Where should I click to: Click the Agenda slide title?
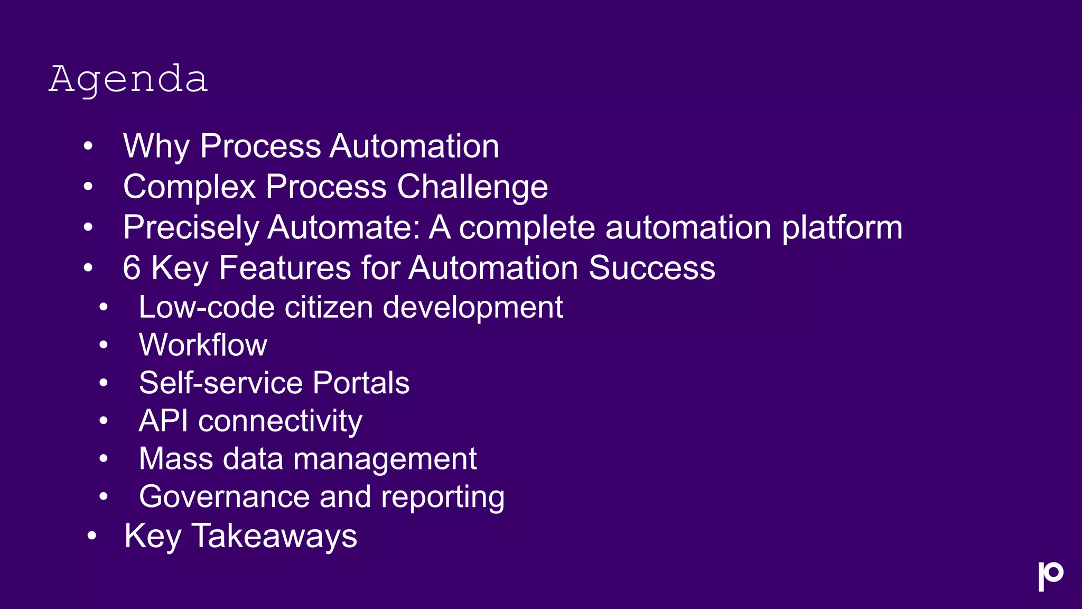[x=128, y=79]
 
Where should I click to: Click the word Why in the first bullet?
[x=156, y=146]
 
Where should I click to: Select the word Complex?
[x=189, y=187]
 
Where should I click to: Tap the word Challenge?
[x=472, y=187]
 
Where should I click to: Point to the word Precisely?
[x=191, y=227]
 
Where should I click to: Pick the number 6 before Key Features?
[x=132, y=267]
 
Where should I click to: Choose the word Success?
[x=651, y=267]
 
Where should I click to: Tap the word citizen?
[x=329, y=307]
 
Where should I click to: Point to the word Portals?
[x=361, y=383]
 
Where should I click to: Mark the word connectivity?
[x=280, y=421]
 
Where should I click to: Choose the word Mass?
[x=176, y=458]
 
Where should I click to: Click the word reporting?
[x=443, y=497]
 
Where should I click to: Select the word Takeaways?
[x=274, y=536]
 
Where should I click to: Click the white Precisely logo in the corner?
[x=1050, y=576]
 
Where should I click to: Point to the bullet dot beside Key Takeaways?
[x=92, y=536]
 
